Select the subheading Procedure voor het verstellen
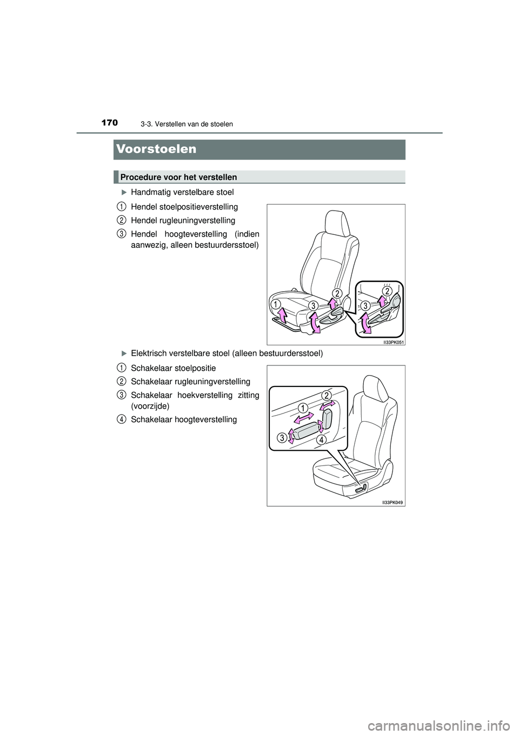pos(179,177)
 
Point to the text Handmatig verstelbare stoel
pos(182,192)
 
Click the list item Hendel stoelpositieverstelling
pos(184,206)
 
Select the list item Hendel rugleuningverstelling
pos(183,220)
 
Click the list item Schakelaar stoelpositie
pos(173,367)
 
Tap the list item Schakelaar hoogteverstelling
pos(184,419)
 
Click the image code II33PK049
pos(393,502)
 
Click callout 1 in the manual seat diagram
pos(275,304)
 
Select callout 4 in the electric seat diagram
pos(321,440)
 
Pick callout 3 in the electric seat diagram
pos(282,438)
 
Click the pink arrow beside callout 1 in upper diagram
pos(281,315)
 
